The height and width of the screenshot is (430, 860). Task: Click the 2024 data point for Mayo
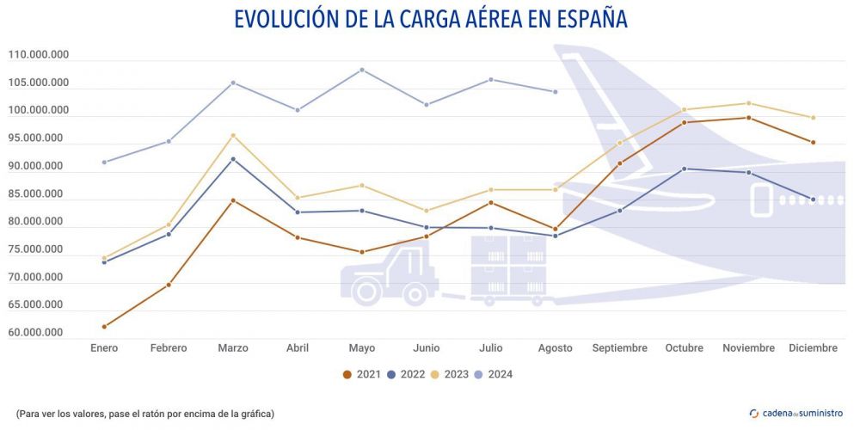362,70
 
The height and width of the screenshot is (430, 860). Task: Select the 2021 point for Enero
104,327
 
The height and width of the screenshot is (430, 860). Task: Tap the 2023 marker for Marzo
233,135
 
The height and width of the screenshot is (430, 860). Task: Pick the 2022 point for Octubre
684,169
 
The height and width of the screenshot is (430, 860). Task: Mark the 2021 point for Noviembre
748,118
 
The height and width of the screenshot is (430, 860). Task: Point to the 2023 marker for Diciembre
813,118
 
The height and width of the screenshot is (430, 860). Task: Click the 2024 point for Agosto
556,91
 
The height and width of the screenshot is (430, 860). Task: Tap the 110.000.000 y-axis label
39,55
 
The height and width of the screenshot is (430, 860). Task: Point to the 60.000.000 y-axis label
39,333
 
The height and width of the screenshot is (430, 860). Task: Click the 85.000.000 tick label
39,193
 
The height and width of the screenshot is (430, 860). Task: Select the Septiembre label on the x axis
619,348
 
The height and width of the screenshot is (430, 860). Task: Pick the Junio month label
427,348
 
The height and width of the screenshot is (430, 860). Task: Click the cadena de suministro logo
796,414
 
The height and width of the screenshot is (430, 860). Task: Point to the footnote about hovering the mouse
145,414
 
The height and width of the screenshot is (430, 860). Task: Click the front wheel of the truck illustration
366,291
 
